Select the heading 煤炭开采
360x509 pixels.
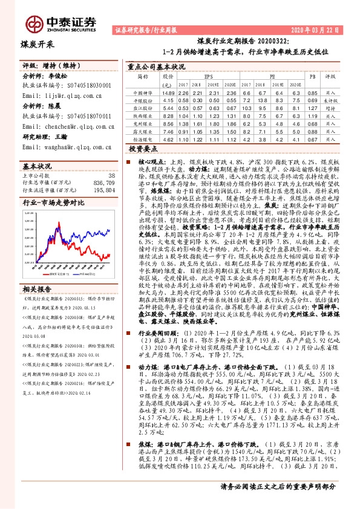click(x=38, y=44)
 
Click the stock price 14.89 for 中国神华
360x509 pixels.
click(x=168, y=92)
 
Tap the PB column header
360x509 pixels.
click(x=312, y=77)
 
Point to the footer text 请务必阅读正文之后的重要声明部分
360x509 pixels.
click(x=277, y=501)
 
